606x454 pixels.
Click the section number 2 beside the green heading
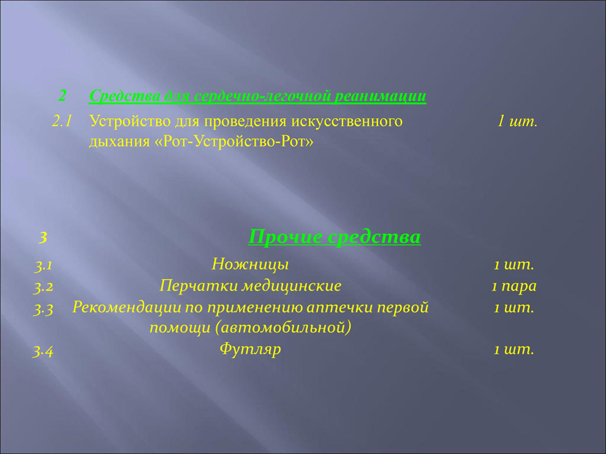(62, 95)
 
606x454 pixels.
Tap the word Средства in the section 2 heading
(124, 96)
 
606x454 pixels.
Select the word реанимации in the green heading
(380, 96)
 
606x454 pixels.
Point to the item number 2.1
(62, 121)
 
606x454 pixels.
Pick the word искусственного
(347, 121)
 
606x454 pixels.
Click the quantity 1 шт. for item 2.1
(517, 121)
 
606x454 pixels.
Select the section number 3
(43, 237)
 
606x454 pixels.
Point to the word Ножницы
(250, 265)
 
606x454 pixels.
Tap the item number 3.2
(44, 287)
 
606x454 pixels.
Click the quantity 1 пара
(514, 286)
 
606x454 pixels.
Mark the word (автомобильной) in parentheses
(283, 328)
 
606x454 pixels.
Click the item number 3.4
(43, 352)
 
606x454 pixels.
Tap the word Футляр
(250, 349)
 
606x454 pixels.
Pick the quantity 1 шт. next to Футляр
(514, 349)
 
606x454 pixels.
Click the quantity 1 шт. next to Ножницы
(514, 265)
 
